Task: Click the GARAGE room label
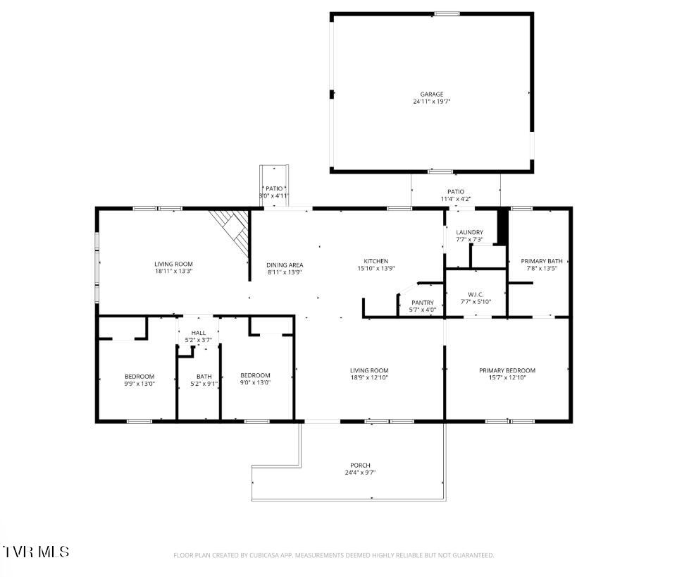(x=432, y=94)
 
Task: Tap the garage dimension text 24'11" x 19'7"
(x=432, y=102)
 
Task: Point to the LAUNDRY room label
(x=469, y=232)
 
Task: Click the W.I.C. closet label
(x=475, y=294)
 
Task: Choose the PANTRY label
(x=423, y=303)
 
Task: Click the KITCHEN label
(x=375, y=261)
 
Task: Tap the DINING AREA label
(x=285, y=265)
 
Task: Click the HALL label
(x=198, y=333)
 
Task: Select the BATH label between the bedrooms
(x=204, y=376)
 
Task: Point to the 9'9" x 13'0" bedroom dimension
(x=139, y=383)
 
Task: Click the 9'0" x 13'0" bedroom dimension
(x=255, y=383)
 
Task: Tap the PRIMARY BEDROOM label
(x=507, y=370)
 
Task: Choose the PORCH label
(x=360, y=466)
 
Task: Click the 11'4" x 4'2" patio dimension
(x=456, y=199)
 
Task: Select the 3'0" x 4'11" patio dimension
(x=274, y=195)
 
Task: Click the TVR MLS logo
(x=36, y=551)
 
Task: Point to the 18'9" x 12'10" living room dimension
(x=369, y=378)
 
